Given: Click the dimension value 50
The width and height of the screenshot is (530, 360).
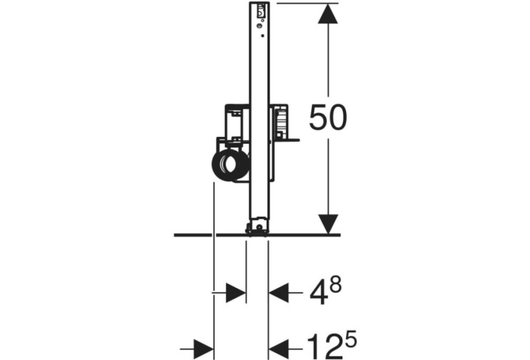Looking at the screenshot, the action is click(x=328, y=117).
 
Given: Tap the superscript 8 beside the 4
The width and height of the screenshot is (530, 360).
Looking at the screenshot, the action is click(x=335, y=286).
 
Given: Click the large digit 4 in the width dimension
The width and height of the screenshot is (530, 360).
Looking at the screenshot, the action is click(x=318, y=294).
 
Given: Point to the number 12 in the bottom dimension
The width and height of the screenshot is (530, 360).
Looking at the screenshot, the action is click(x=324, y=347).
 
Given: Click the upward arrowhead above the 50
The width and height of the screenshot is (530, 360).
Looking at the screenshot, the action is click(x=328, y=14).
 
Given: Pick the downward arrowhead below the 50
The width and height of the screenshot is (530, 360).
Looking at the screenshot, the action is click(x=328, y=224).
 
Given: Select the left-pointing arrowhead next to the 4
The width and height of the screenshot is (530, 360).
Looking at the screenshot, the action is click(x=279, y=293).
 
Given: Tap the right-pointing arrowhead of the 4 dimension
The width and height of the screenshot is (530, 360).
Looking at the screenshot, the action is click(x=235, y=293).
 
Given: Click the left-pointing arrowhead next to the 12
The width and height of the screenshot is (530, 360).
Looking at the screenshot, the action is click(x=279, y=349).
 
